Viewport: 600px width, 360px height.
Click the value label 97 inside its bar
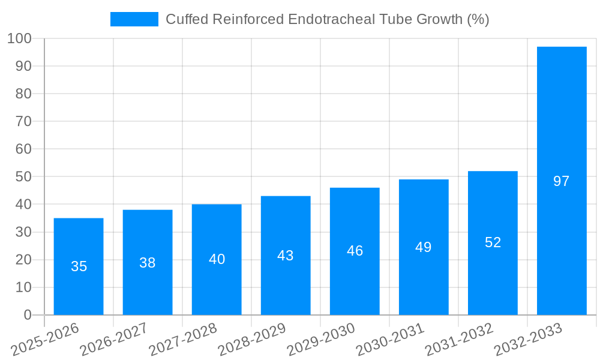(x=562, y=181)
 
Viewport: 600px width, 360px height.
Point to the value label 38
(x=148, y=263)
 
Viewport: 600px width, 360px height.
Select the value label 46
(x=355, y=251)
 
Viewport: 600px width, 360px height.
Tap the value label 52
(x=493, y=242)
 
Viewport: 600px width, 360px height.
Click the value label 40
(x=217, y=259)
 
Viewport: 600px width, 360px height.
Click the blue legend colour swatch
(x=134, y=19)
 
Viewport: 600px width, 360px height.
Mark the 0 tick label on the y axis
(x=27, y=315)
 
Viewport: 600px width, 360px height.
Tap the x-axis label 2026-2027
(x=114, y=340)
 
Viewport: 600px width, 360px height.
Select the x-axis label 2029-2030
(x=320, y=340)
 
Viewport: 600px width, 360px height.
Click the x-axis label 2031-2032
(x=458, y=340)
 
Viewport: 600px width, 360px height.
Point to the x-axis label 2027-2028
(x=183, y=340)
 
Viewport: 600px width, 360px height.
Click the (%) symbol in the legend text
(x=478, y=19)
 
